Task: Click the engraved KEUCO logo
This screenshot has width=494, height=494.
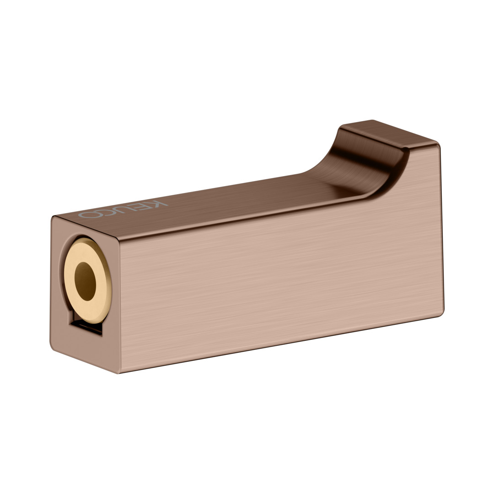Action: tap(123, 209)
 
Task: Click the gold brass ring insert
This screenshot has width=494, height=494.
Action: tap(88, 280)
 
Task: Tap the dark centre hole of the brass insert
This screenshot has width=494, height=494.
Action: tap(85, 281)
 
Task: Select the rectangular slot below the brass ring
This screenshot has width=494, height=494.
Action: tap(86, 326)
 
